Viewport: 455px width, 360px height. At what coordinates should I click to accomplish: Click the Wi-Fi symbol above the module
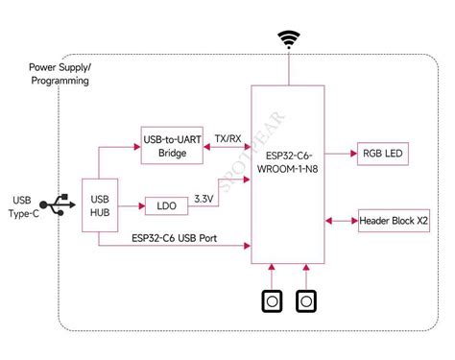click(289, 40)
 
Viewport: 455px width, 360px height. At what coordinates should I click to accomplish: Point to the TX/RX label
click(227, 137)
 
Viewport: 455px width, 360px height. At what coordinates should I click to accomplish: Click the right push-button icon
click(305, 302)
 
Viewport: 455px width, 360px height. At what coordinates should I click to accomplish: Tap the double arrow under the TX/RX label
click(227, 148)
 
